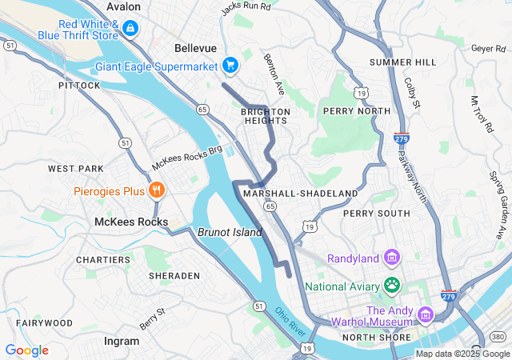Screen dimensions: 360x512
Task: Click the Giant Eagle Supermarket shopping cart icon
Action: click(230, 65)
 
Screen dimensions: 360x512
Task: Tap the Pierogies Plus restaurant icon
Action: click(158, 190)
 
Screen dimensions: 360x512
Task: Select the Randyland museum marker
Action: click(392, 258)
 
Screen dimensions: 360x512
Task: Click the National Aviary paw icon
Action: click(392, 285)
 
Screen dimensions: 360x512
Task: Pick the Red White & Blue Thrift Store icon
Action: click(130, 30)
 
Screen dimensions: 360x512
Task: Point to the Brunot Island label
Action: click(230, 232)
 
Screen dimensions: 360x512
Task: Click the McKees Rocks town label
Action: click(131, 222)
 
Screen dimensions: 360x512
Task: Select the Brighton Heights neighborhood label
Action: click(265, 117)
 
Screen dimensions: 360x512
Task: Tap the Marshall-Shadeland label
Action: click(301, 194)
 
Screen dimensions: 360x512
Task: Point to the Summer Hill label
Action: click(402, 62)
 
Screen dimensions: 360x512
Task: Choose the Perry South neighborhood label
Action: click(376, 214)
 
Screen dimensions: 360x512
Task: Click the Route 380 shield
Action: click(498, 338)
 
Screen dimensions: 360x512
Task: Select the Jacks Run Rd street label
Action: click(246, 9)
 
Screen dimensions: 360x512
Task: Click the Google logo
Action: click(26, 350)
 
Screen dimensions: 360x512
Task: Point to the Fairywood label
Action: click(45, 323)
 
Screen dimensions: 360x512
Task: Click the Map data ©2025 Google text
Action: click(461, 354)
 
